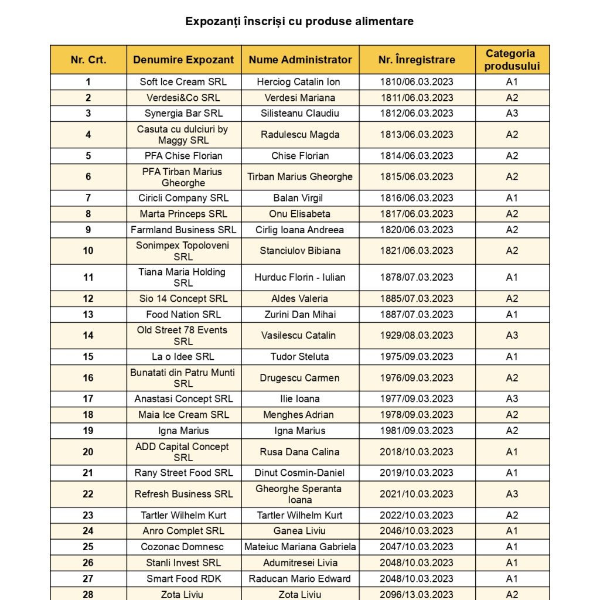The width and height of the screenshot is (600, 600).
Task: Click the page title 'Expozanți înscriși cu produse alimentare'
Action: [299, 22]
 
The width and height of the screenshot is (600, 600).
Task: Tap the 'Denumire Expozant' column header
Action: [183, 60]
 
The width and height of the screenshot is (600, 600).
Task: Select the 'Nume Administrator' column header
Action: [300, 60]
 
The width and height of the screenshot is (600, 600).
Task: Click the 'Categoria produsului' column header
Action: [512, 60]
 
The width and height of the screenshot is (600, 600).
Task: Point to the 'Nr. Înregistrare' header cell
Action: [417, 60]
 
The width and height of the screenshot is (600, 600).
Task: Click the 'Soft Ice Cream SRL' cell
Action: [183, 82]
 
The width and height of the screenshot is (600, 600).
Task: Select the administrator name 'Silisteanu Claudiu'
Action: [300, 114]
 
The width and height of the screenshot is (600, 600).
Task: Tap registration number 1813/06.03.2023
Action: [417, 135]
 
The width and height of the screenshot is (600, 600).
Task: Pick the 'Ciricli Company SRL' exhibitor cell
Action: [183, 198]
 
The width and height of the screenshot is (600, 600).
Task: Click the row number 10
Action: [88, 251]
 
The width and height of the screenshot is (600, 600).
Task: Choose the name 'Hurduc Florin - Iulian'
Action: [300, 278]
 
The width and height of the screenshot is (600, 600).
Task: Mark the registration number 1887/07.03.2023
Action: [417, 315]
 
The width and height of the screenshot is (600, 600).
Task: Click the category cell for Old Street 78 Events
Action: [512, 336]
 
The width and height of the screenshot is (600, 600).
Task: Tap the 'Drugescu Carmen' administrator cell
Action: [300, 378]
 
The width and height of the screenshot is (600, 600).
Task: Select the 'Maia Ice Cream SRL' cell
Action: [183, 415]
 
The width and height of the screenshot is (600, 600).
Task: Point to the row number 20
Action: [88, 452]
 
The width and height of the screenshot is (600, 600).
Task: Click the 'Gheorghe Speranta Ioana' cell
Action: [300, 494]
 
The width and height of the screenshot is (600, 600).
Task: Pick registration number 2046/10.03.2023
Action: [417, 531]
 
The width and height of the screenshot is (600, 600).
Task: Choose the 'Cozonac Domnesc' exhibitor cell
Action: [183, 547]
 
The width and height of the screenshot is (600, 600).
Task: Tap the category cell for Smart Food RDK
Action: [512, 579]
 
